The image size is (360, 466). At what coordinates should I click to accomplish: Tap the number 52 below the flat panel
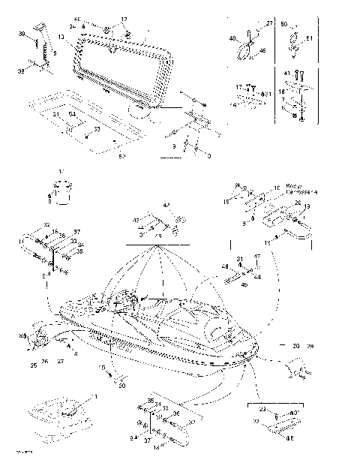121,156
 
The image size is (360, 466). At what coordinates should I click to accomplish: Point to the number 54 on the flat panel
72,113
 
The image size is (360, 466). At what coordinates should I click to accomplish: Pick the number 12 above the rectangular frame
124,19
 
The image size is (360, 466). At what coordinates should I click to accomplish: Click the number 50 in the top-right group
283,25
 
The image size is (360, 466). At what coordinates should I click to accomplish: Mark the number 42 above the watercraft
166,205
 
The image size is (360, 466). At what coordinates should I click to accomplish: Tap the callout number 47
256,257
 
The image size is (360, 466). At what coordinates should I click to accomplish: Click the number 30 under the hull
121,386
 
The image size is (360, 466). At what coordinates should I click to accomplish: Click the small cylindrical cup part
61,194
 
